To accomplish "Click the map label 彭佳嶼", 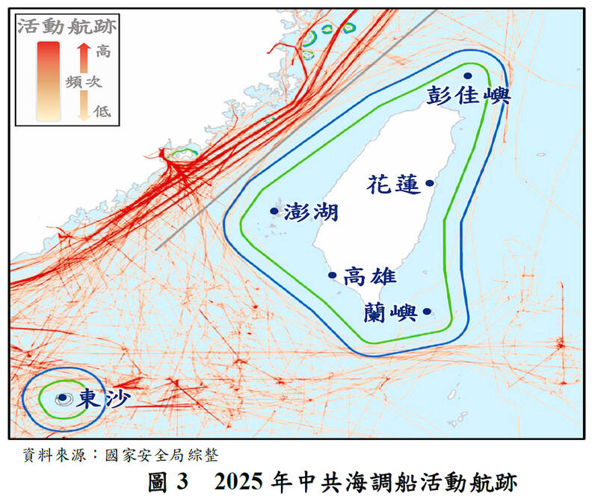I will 468,96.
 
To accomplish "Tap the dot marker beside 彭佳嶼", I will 468,75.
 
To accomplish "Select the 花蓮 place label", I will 394,185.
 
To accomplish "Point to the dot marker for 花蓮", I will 430,182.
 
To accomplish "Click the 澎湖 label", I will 311,212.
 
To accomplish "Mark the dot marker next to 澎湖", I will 274,211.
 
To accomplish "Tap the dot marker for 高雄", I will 333,275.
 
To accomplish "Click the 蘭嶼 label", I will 390,312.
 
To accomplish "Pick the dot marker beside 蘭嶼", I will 427,312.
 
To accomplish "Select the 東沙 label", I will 102,397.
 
